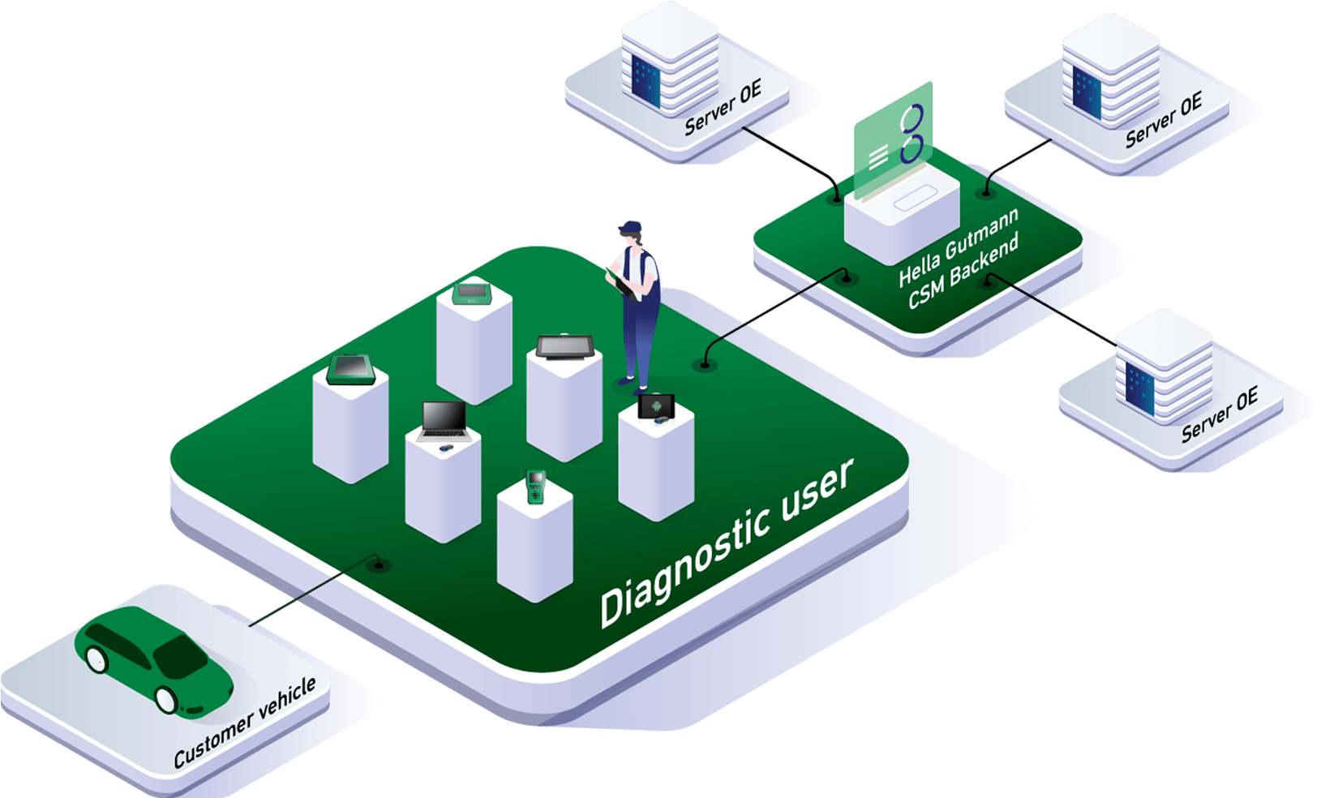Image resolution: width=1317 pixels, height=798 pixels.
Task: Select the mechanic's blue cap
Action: pyautogui.click(x=629, y=227)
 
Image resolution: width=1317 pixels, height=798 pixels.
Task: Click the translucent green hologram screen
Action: pyautogui.click(x=893, y=142)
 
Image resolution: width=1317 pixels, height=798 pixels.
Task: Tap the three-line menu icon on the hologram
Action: pyautogui.click(x=878, y=156)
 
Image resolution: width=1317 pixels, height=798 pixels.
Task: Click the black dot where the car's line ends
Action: pyautogui.click(x=377, y=564)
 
